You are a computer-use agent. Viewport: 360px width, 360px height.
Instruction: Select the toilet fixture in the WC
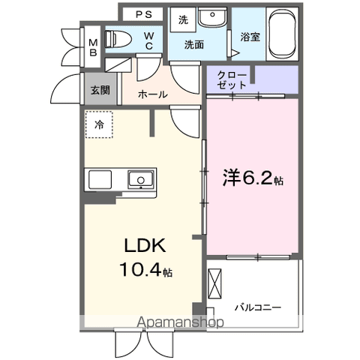pos(118,39)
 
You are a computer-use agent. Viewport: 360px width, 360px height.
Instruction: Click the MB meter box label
pos(93,47)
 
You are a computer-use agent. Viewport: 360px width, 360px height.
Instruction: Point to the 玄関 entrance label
pos(100,90)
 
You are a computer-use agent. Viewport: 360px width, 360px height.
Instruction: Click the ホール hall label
pos(153,94)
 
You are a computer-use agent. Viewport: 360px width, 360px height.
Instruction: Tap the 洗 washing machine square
pos(184,20)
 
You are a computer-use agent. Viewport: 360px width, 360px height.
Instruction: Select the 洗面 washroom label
pos(196,45)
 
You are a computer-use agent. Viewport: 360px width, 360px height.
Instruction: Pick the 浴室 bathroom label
pos(250,36)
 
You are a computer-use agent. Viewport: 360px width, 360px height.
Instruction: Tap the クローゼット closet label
pos(232,79)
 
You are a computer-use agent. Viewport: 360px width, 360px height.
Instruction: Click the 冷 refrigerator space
pos(99,126)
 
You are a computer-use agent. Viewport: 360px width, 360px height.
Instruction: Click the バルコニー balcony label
pos(257,307)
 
